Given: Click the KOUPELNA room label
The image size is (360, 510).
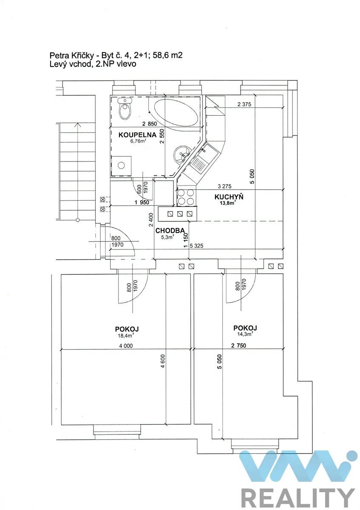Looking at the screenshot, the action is tap(137, 135).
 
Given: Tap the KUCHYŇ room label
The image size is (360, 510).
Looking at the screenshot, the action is tap(229, 197).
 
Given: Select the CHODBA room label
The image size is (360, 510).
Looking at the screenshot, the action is tap(170, 231).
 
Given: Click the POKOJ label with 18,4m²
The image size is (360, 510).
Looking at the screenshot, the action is tap(127, 329).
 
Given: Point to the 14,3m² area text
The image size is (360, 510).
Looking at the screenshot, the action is tap(245, 334).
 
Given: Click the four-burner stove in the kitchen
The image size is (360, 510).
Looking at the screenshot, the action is tap(186, 197).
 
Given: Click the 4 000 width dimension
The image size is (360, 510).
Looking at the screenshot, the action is tap(126, 346).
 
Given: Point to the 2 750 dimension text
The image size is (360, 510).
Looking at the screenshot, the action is tap(238, 346).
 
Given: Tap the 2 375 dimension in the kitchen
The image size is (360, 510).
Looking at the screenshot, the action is tap(244, 104).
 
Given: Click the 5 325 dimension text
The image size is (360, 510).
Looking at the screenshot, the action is tap(196, 246).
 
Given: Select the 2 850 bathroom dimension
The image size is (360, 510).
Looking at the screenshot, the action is tap(150, 124).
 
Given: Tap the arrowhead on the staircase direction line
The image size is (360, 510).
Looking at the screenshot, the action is tap(78, 125).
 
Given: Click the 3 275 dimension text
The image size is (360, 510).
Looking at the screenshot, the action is tap(224, 186).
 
